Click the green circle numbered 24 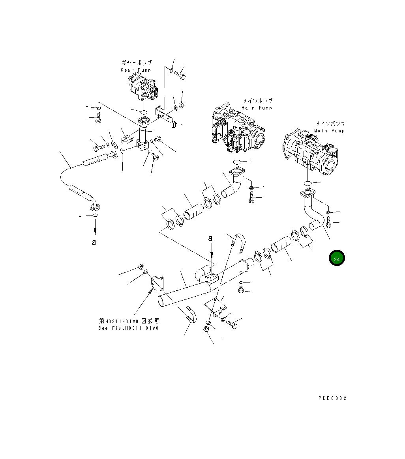point(337,259)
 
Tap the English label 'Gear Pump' point(136,70)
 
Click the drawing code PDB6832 point(332,398)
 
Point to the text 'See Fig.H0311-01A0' point(128,328)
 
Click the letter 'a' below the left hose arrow point(94,242)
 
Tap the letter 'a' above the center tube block point(211,238)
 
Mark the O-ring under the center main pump point(237,162)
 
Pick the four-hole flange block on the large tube point(212,279)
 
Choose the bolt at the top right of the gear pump point(180,74)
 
